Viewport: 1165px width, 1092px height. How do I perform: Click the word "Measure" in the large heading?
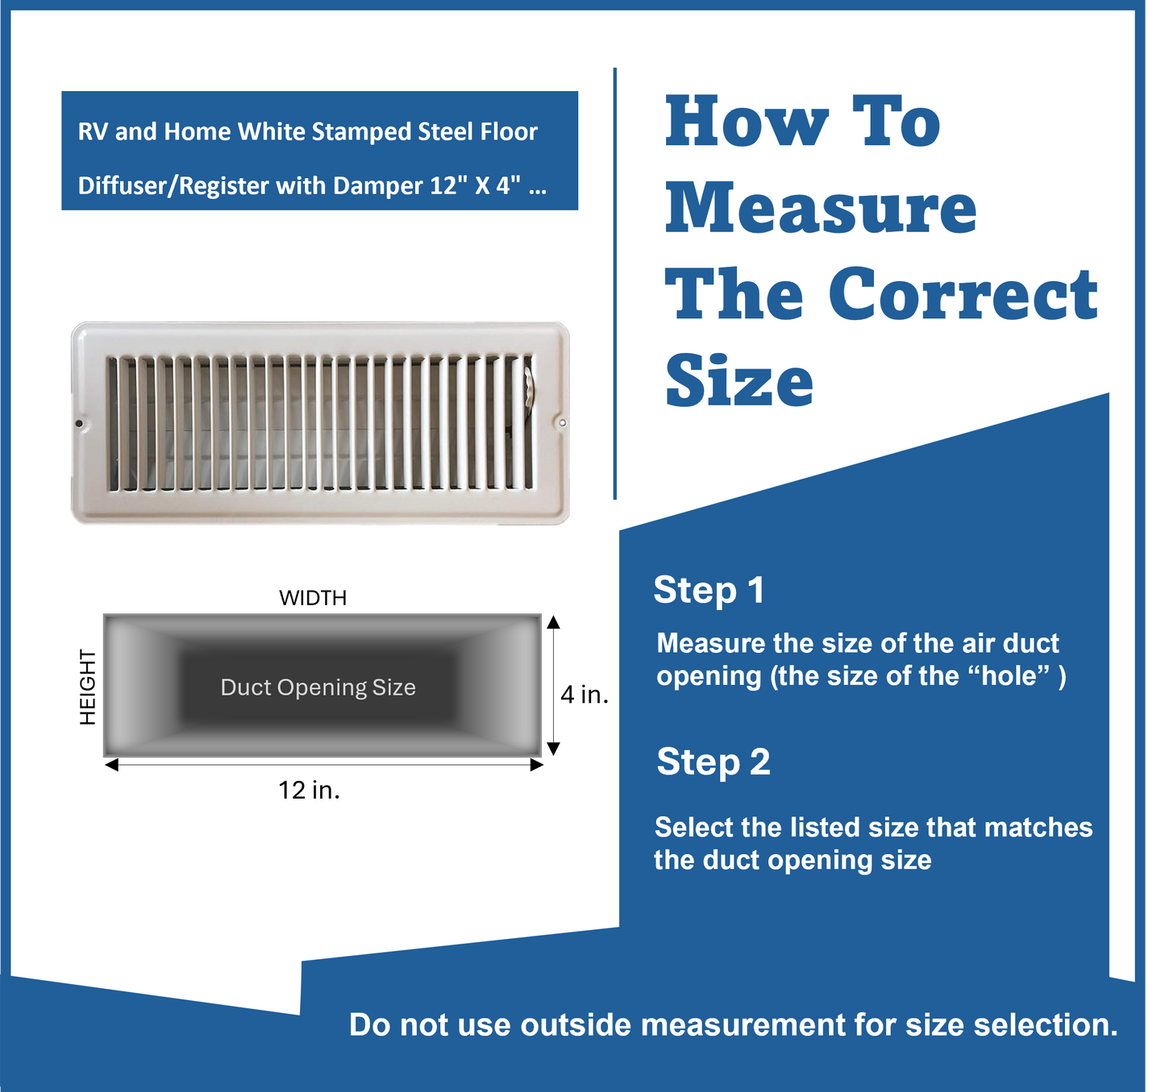[x=820, y=209]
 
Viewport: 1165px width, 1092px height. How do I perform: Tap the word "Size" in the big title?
[x=739, y=381]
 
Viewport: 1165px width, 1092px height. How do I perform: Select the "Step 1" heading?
[x=709, y=590]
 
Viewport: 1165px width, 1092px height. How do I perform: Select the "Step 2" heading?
[x=714, y=762]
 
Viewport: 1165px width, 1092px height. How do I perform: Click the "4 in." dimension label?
[x=585, y=695]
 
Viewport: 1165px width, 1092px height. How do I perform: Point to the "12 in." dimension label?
[x=309, y=790]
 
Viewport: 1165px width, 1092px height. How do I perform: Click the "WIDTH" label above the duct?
[x=313, y=598]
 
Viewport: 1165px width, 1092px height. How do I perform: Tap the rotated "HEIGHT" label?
[x=88, y=687]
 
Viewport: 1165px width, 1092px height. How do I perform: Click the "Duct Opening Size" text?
[x=318, y=687]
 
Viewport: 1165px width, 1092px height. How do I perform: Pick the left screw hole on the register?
[x=79, y=423]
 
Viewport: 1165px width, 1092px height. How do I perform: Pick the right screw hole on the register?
[x=562, y=422]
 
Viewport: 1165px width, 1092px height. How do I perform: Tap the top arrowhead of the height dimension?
[x=553, y=621]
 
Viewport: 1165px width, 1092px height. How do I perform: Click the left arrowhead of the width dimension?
[x=111, y=765]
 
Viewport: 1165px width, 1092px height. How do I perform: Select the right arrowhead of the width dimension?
[x=537, y=765]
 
